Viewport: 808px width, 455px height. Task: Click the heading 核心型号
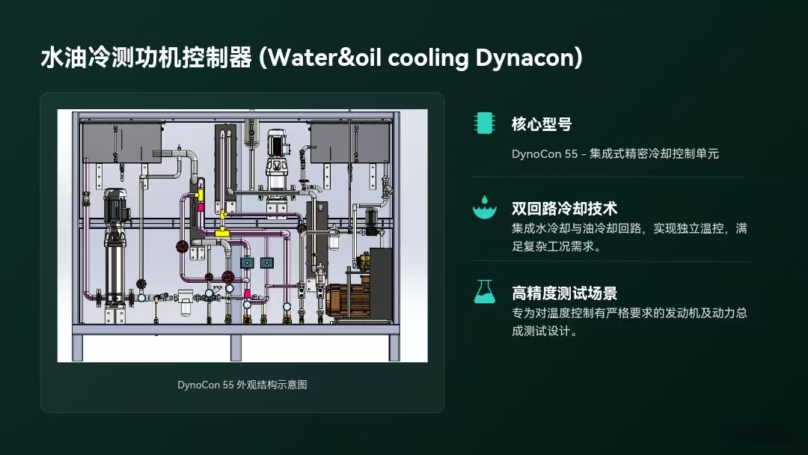pyautogui.click(x=542, y=124)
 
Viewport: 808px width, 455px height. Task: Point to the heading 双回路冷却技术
pyautogui.click(x=564, y=208)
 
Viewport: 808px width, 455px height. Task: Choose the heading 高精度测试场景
pyautogui.click(x=564, y=293)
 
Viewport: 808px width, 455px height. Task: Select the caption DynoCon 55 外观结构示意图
pyautogui.click(x=242, y=385)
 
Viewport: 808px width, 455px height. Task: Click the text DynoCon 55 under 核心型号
pyautogui.click(x=545, y=153)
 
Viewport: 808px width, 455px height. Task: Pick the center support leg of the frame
pyautogui.click(x=236, y=346)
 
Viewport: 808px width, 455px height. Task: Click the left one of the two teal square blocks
pyautogui.click(x=247, y=263)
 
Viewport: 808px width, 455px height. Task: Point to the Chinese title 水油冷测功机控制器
pyautogui.click(x=146, y=58)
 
